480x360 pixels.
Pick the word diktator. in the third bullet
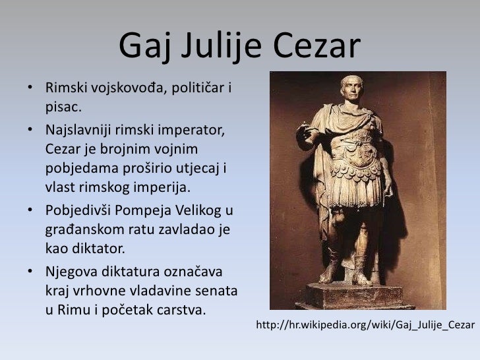click(x=97, y=249)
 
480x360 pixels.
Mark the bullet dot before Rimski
click(x=31, y=88)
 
